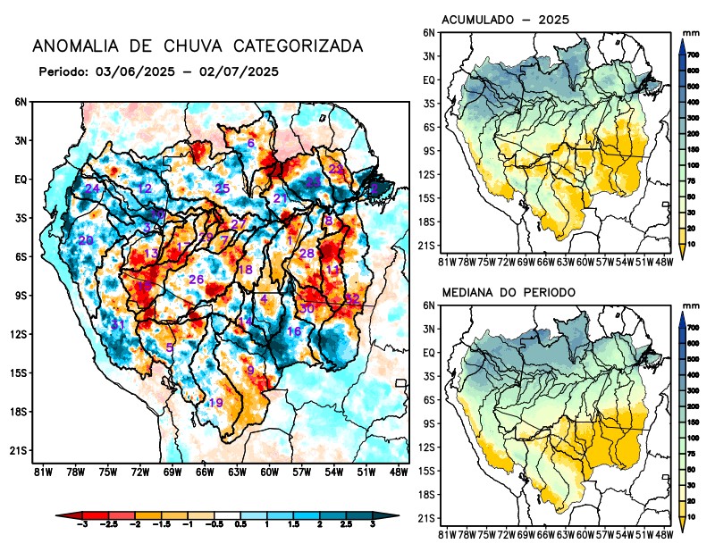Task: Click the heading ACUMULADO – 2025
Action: [506, 20]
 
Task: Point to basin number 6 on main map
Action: [251, 144]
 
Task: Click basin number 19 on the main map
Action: [215, 404]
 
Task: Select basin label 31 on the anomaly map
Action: [117, 324]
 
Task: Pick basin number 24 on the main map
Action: [92, 188]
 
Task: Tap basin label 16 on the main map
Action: [293, 332]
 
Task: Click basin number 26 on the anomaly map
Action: [197, 280]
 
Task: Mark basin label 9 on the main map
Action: [251, 371]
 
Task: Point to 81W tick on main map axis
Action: [41, 473]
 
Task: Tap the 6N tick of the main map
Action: [21, 102]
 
